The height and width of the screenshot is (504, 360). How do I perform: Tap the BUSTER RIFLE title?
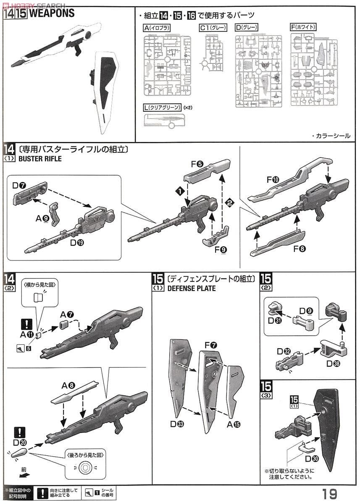tap(40, 159)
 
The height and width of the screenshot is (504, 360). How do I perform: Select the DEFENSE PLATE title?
tap(191, 289)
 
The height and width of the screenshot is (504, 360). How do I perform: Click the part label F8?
tap(300, 249)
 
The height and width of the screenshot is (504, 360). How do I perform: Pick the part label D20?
tap(20, 442)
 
